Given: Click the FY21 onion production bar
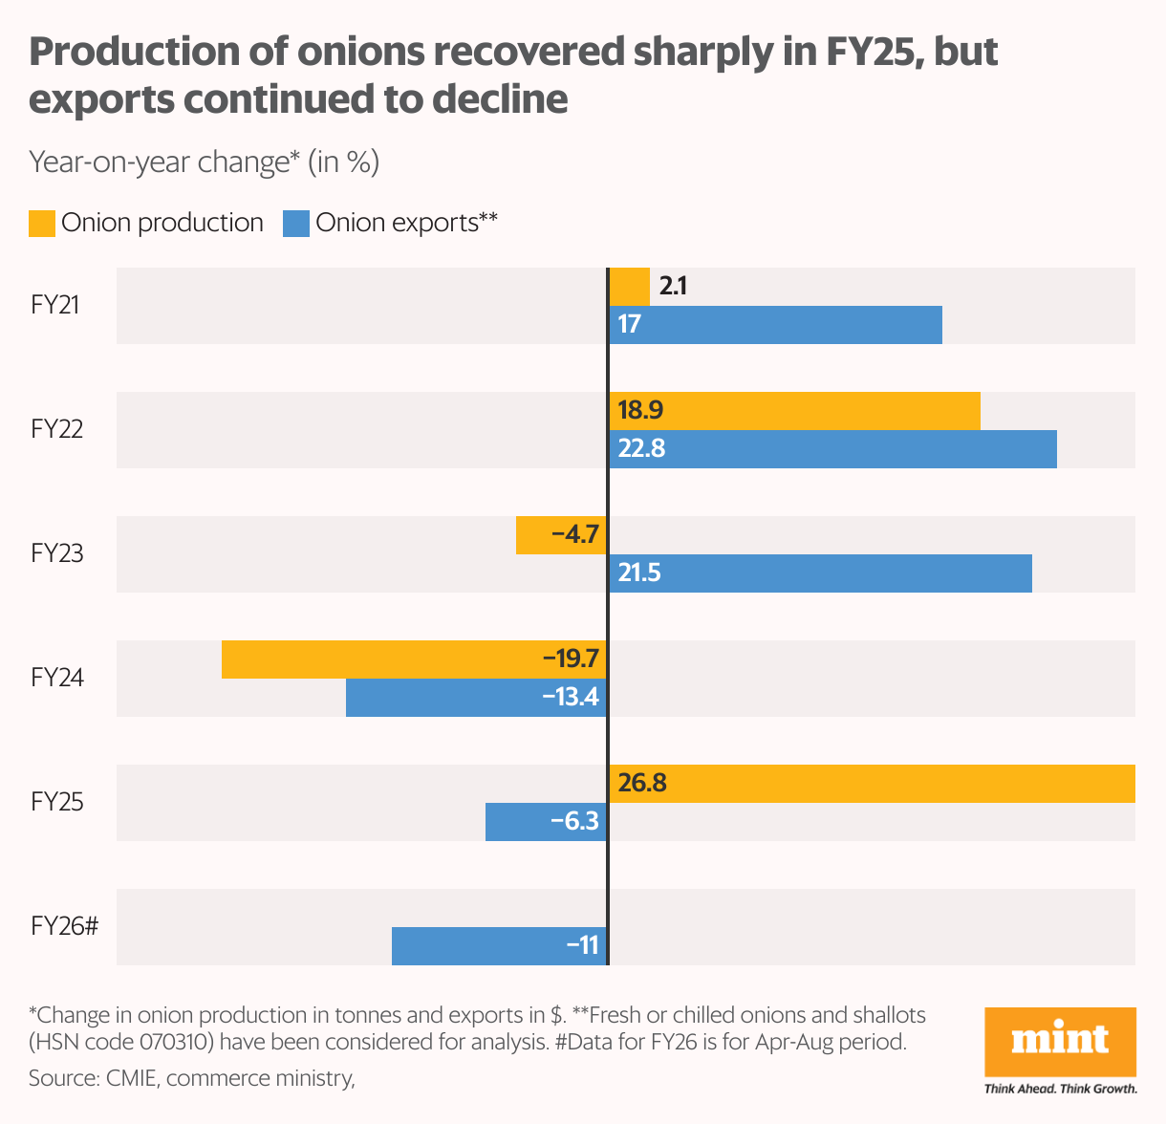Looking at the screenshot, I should (x=629, y=287).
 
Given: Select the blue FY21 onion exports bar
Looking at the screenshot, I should (x=775, y=325).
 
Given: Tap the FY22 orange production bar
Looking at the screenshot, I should (x=794, y=411).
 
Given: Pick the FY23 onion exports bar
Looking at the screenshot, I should (x=820, y=573).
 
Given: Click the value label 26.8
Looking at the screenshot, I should (x=642, y=784).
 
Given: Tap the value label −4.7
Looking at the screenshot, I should (x=574, y=534).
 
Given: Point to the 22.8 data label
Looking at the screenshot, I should (x=641, y=448).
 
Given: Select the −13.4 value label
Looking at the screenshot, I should (x=571, y=697).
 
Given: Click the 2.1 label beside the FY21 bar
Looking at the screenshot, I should (x=673, y=286).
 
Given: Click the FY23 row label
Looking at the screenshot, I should (x=57, y=553).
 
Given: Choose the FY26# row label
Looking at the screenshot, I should (x=65, y=926).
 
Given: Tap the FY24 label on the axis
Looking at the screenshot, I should (x=57, y=678).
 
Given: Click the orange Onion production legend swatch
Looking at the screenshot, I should (x=42, y=224).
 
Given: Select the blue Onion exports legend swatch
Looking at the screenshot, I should (x=296, y=224).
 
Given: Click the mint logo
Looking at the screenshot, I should (x=1060, y=1042).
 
